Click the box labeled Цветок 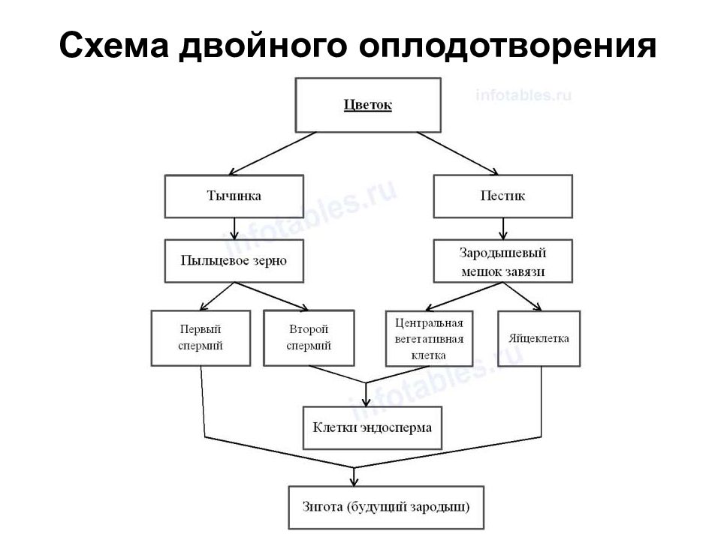click(x=368, y=105)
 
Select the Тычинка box click(x=234, y=196)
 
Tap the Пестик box click(x=503, y=196)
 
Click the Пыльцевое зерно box click(x=234, y=261)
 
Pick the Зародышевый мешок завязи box click(x=503, y=261)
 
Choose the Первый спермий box click(x=201, y=338)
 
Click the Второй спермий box click(x=309, y=338)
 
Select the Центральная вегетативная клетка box click(x=430, y=338)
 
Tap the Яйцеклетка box click(x=539, y=338)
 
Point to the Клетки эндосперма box click(x=373, y=427)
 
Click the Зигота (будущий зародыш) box click(x=386, y=508)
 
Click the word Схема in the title click(x=114, y=45)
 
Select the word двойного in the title click(x=263, y=46)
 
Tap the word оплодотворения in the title click(x=507, y=46)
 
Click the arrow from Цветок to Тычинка click(x=273, y=154)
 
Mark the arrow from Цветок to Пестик click(x=458, y=154)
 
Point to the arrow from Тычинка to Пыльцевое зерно click(x=234, y=229)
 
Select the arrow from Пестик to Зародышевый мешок click(x=503, y=229)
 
